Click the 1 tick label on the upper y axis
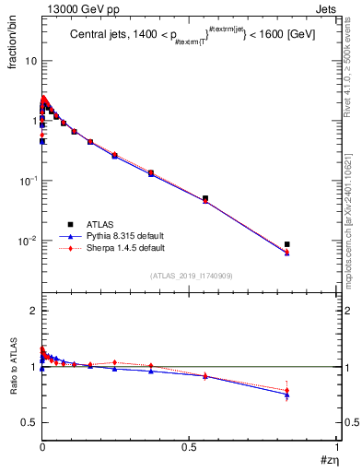tap(33, 120)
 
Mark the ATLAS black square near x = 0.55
tap(204, 198)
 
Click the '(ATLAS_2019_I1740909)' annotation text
tap(190, 276)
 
